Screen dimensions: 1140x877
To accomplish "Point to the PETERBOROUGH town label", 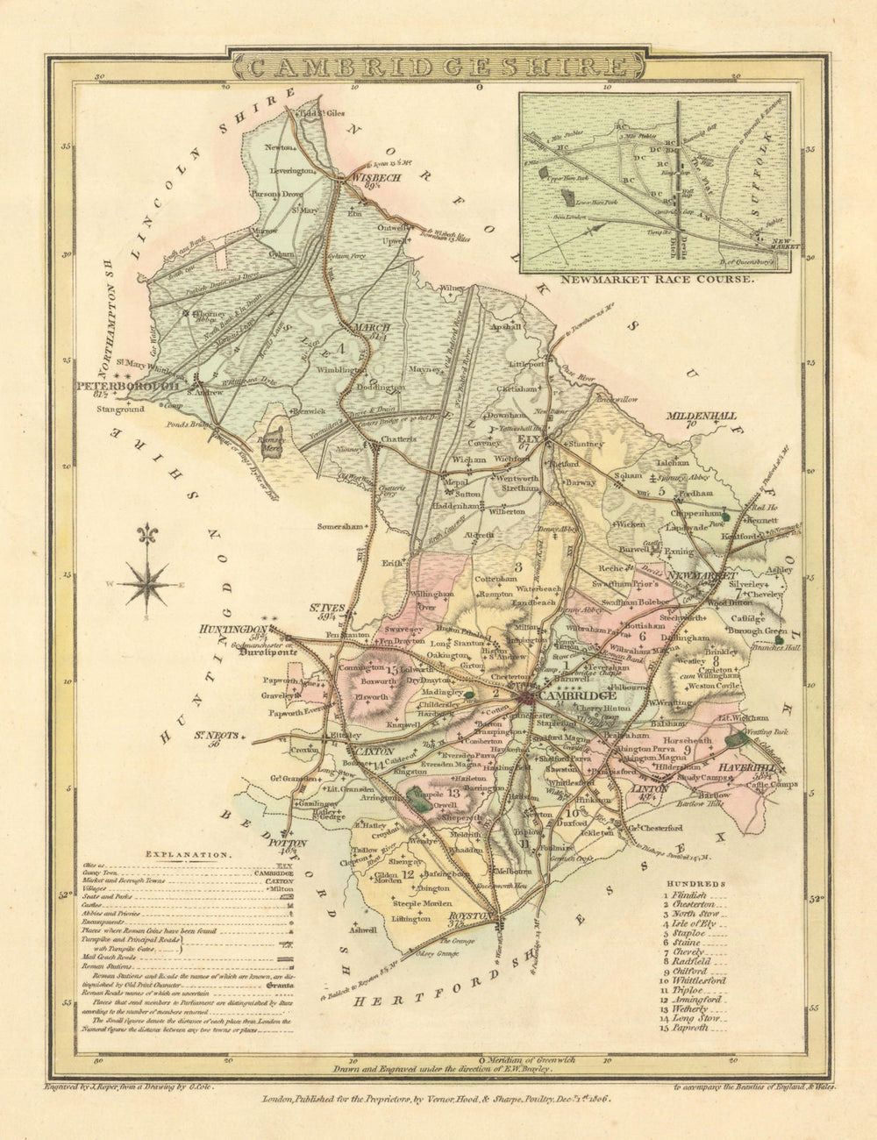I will tap(128, 385).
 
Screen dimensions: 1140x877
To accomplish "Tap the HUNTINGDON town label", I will tap(233, 630).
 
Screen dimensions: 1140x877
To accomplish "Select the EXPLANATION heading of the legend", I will tap(189, 852).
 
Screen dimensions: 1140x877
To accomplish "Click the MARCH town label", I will tap(370, 328).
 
